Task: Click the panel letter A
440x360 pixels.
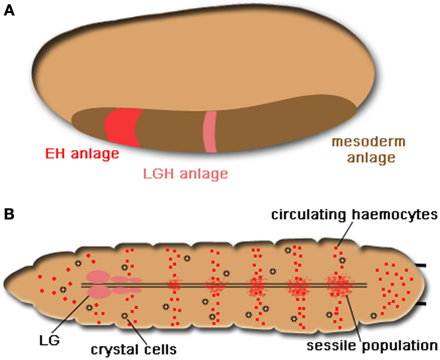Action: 9,11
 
